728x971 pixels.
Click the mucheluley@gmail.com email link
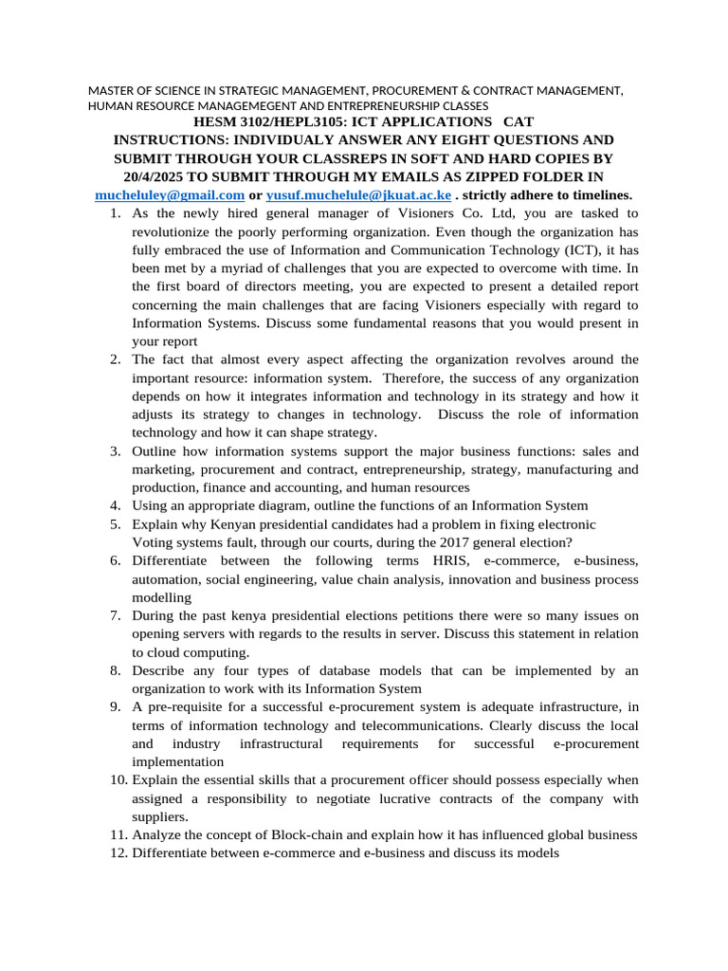pos(170,194)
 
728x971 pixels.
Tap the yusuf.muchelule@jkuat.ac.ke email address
pos(358,194)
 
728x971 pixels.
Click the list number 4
pos(114,505)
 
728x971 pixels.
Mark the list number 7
pos(114,615)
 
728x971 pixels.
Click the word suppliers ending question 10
pos(159,816)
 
